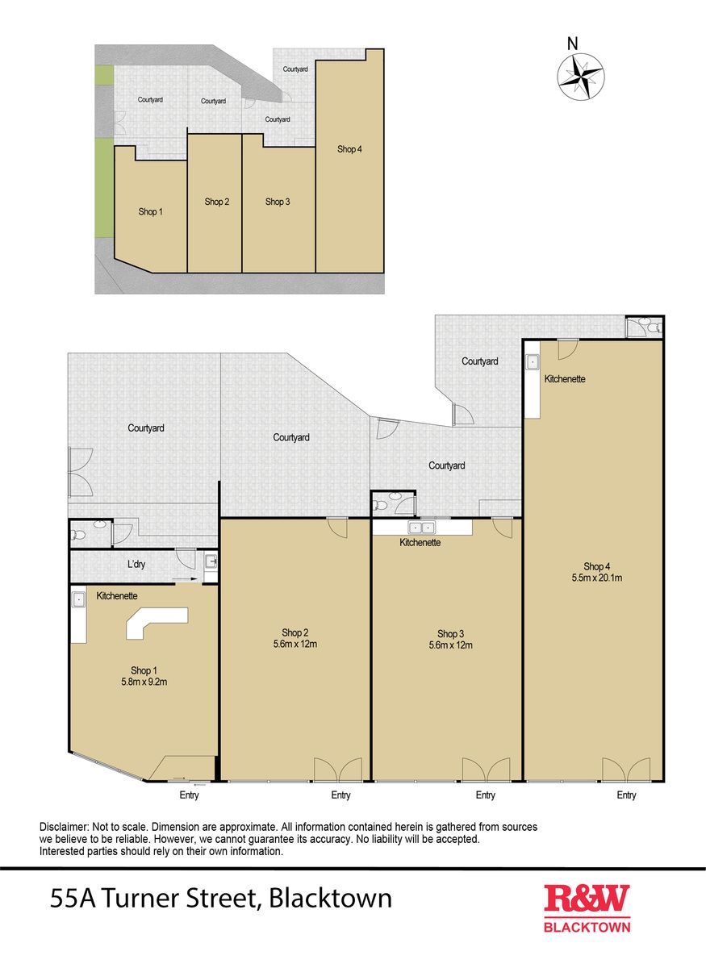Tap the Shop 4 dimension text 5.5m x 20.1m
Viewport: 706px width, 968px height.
(x=596, y=578)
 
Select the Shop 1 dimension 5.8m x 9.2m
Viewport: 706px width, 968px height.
(x=144, y=682)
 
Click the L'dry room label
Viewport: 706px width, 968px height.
(x=136, y=564)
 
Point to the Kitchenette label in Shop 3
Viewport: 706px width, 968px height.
(x=420, y=542)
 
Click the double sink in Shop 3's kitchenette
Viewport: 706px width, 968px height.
(x=421, y=528)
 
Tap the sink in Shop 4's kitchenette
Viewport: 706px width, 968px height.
(x=533, y=361)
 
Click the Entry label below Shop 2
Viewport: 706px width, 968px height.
(x=340, y=795)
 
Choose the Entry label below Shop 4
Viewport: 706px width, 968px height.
(x=626, y=795)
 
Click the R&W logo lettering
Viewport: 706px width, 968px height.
(x=587, y=899)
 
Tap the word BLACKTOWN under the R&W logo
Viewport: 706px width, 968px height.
(x=587, y=928)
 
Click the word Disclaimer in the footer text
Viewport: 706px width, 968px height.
(x=64, y=827)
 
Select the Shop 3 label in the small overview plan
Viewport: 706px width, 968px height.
(x=278, y=202)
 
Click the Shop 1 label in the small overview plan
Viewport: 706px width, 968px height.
(x=150, y=211)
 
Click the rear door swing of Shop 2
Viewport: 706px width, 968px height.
(x=337, y=528)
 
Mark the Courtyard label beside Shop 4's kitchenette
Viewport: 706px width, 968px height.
(x=480, y=361)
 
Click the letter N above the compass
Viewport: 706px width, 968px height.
(x=572, y=44)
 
